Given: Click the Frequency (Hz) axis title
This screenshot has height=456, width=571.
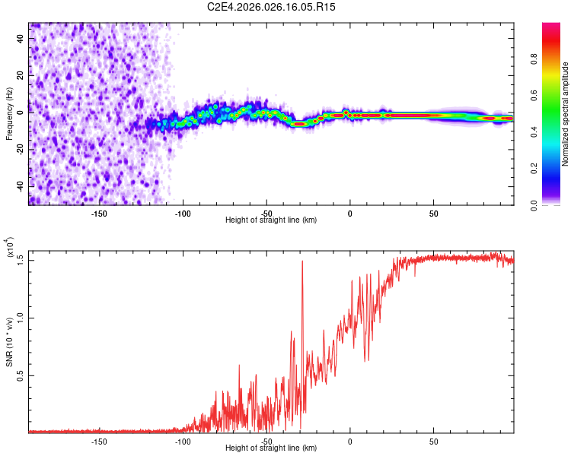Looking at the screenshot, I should [9, 114].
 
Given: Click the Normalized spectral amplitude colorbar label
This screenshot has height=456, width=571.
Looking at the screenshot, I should [565, 114].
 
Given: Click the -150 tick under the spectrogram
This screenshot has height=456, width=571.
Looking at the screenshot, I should [99, 214].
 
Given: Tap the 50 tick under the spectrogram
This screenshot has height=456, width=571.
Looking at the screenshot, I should [433, 214].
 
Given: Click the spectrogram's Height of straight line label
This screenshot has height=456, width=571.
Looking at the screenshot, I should [271, 220].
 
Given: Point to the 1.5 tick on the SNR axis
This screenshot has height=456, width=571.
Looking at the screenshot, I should [21, 260].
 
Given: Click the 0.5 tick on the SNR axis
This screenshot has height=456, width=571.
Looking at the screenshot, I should [21, 375].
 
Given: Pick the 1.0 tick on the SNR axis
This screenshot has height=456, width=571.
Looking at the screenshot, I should [21, 318].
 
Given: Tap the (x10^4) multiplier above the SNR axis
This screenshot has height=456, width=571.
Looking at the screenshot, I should [9, 249].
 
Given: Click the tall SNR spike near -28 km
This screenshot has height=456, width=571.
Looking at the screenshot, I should [302, 263].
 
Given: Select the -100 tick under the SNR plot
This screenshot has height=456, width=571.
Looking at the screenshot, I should [183, 441].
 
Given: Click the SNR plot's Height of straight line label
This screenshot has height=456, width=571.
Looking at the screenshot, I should [271, 448].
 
